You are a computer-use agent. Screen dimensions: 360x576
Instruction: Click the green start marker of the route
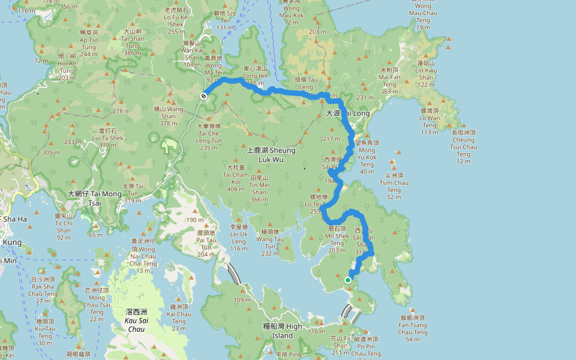coord(348,280)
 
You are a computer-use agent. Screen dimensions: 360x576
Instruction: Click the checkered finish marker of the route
coord(204,95)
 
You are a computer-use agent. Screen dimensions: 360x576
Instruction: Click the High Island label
coord(283,331)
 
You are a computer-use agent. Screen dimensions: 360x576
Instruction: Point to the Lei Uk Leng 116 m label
coord(238,238)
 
